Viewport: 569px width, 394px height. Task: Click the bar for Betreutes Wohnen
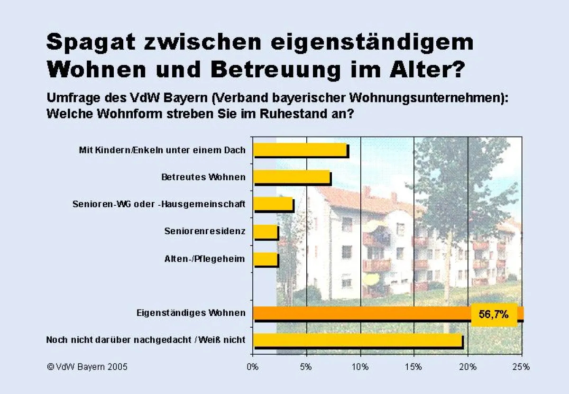click(x=292, y=177)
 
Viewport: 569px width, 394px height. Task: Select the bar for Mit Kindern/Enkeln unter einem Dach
click(x=301, y=150)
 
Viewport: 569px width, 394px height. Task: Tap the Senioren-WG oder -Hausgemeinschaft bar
click(x=274, y=204)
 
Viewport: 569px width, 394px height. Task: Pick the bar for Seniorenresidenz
click(x=266, y=231)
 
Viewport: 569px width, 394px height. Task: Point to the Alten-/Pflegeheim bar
click(x=266, y=259)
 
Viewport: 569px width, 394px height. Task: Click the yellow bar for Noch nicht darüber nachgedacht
click(x=358, y=340)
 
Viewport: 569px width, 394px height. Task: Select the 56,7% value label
click(x=494, y=314)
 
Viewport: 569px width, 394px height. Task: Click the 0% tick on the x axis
click(x=253, y=367)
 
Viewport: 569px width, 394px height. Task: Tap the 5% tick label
click(x=307, y=367)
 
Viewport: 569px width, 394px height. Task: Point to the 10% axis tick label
click(x=360, y=367)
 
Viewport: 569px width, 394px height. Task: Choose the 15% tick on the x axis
click(x=414, y=367)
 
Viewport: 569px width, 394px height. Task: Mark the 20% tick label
click(x=468, y=367)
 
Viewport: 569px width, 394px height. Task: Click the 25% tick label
click(x=522, y=367)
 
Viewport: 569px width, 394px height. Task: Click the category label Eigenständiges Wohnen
click(x=191, y=313)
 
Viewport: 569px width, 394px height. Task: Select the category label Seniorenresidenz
click(x=205, y=231)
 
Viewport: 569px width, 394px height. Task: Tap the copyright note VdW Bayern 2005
click(x=87, y=367)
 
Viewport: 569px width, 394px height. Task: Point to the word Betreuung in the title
click(x=275, y=69)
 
